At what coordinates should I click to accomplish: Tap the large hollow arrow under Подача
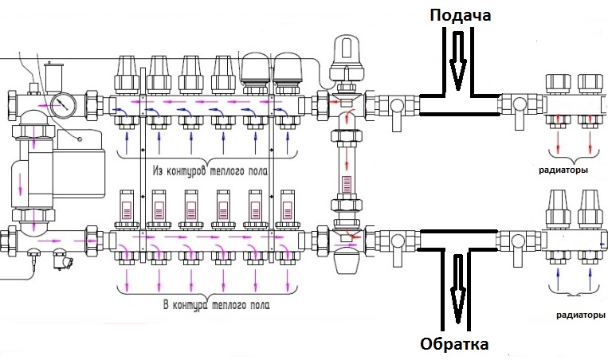click(457, 64)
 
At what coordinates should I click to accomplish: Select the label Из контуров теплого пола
click(209, 170)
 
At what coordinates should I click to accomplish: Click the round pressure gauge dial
click(62, 104)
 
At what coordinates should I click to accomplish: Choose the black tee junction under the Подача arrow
click(457, 104)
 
